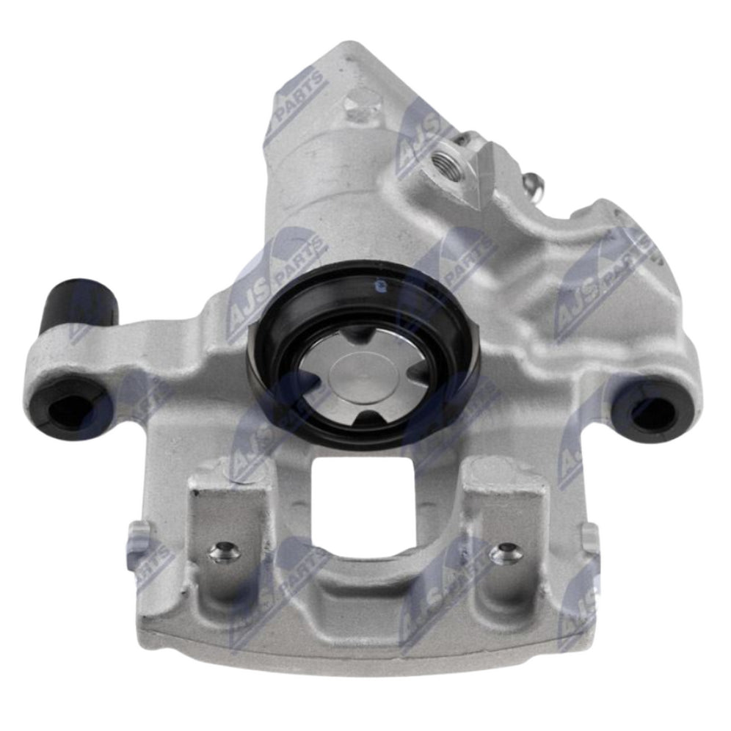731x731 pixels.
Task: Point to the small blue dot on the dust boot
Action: pyautogui.click(x=379, y=283)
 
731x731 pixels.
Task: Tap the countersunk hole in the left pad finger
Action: pyautogui.click(x=225, y=550)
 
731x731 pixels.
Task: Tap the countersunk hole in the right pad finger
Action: pyautogui.click(x=506, y=552)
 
